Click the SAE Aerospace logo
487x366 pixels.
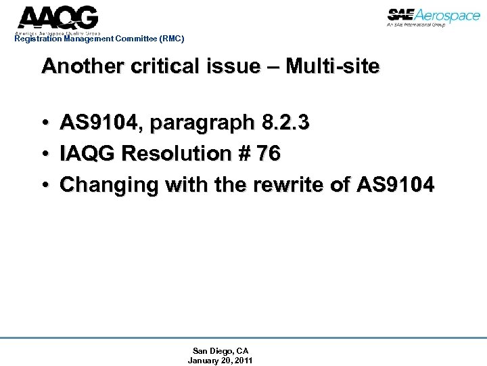[x=434, y=16]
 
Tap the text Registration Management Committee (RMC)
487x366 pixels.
[x=99, y=39]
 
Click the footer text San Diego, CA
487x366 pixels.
[x=221, y=350]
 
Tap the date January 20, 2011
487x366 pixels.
[x=221, y=361]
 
